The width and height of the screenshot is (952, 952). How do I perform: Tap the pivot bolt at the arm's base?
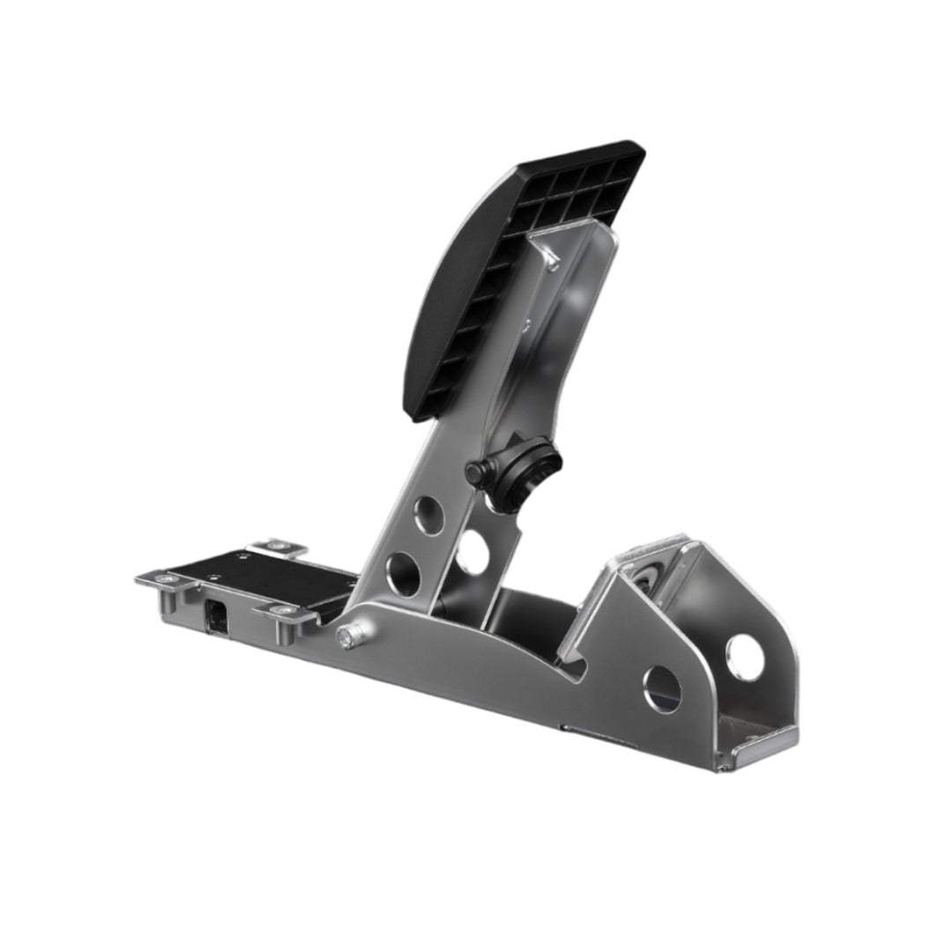pyautogui.click(x=346, y=636)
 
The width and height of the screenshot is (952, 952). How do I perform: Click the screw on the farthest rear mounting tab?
pyautogui.click(x=280, y=547)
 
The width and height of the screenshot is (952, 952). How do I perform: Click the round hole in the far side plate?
pyautogui.click(x=745, y=658)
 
